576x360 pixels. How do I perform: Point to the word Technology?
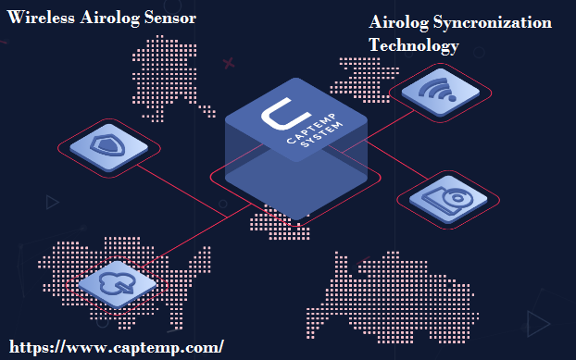coord(413,44)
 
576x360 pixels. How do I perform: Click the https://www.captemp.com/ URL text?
coord(115,347)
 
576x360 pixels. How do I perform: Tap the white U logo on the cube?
coord(278,116)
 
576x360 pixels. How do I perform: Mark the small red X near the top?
coord(228,64)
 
